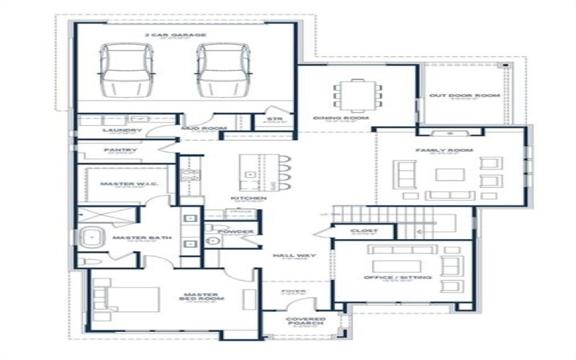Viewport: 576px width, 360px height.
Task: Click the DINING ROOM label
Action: pyautogui.click(x=341, y=117)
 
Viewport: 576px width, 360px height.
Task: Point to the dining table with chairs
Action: pyautogui.click(x=358, y=93)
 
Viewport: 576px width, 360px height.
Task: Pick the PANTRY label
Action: pyautogui.click(x=121, y=150)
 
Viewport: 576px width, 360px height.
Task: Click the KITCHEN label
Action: pyautogui.click(x=248, y=199)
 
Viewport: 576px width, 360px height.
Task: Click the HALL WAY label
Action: pyautogui.click(x=290, y=255)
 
